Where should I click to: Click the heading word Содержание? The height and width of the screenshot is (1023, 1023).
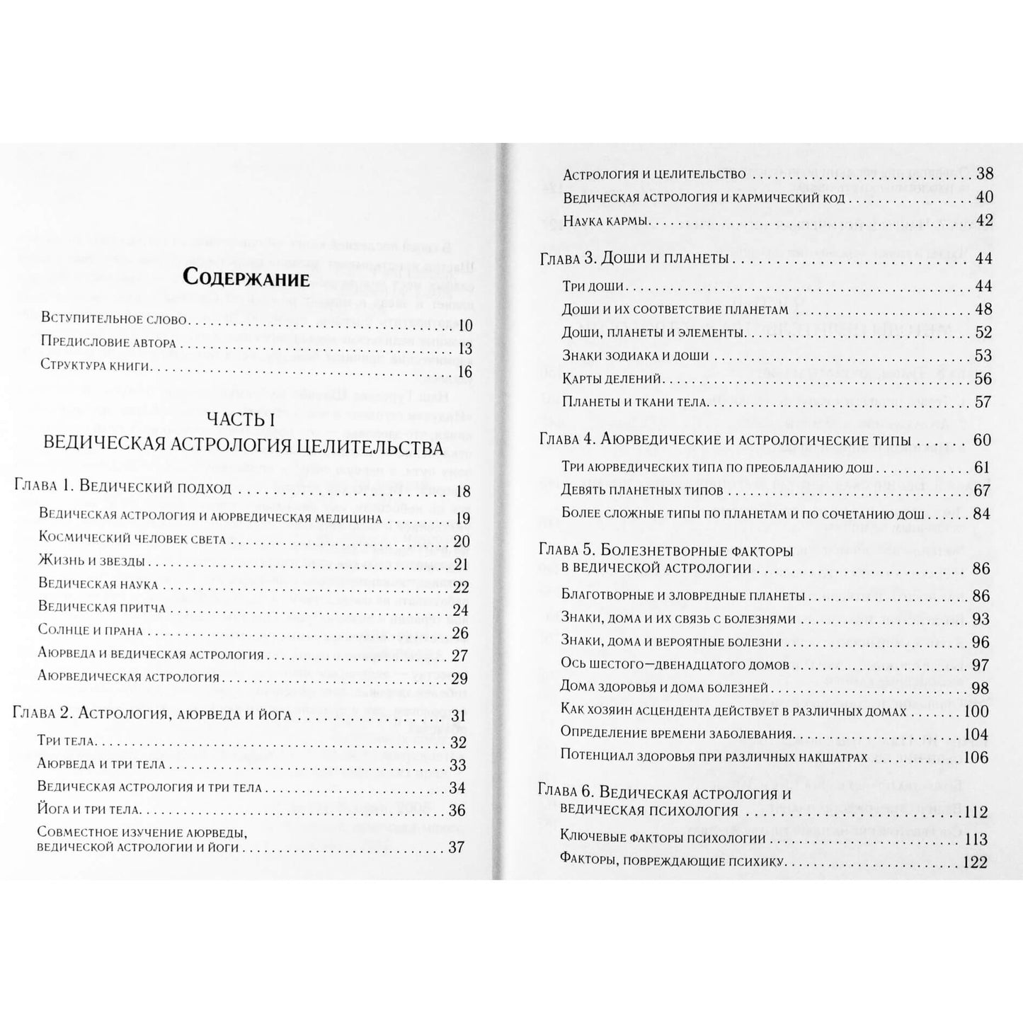click(x=246, y=278)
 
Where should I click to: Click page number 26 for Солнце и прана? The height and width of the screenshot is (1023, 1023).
click(x=460, y=631)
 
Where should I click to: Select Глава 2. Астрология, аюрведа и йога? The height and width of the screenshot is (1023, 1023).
click(x=152, y=714)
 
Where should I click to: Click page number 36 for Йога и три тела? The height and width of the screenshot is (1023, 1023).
click(x=457, y=810)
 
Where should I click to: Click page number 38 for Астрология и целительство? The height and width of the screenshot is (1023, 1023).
click(x=984, y=174)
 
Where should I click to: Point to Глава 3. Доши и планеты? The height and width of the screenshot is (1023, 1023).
click(x=634, y=259)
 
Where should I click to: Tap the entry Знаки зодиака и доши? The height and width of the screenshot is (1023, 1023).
click(x=634, y=355)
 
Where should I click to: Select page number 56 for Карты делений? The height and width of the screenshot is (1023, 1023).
click(x=983, y=379)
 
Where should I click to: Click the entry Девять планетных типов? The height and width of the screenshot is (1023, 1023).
click(x=642, y=490)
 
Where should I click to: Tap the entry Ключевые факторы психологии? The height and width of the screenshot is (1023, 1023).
click(x=663, y=839)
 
